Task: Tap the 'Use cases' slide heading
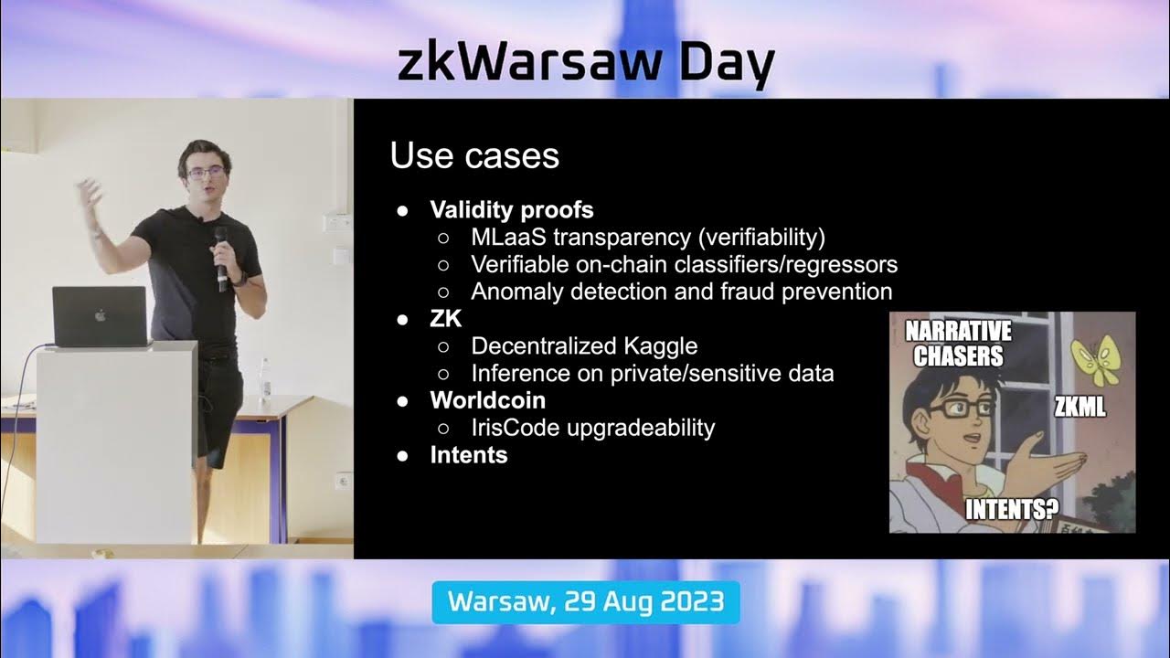coord(474,156)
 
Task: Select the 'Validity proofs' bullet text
coord(512,210)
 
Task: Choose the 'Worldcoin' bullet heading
coord(487,400)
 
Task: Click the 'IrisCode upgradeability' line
coord(592,427)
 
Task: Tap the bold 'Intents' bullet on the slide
coord(468,454)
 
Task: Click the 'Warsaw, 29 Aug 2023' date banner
coord(585,602)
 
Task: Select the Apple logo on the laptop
coord(101,315)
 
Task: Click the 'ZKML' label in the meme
coord(1080,408)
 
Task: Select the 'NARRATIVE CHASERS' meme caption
coord(958,343)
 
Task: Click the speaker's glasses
coord(206,172)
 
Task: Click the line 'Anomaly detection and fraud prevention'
coord(681,292)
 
